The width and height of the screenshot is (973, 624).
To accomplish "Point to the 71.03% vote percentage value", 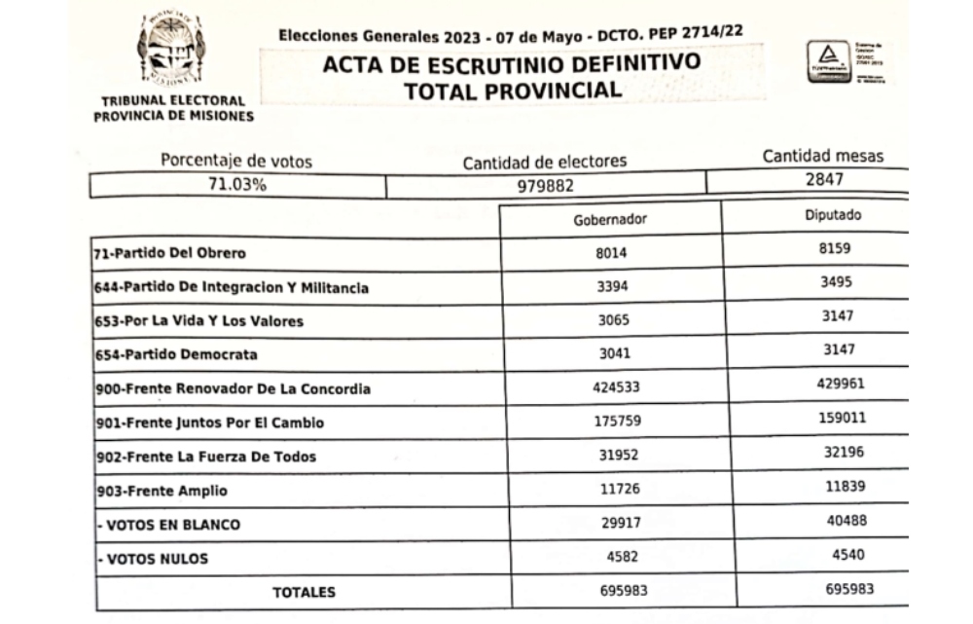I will pos(237,185).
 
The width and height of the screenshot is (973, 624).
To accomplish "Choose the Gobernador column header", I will pos(610,219).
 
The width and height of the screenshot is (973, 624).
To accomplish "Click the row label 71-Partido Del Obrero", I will pos(170,254).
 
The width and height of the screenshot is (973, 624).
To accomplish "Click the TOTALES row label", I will pos(304,591).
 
